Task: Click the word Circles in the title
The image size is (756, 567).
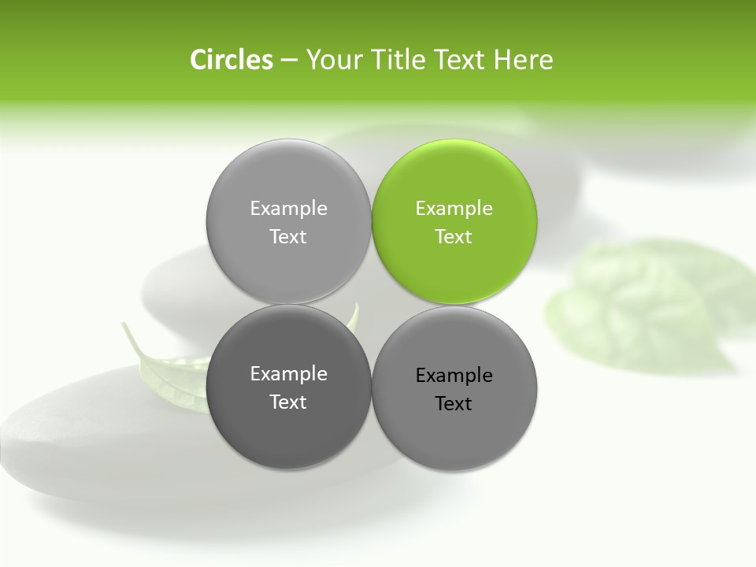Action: pyautogui.click(x=232, y=60)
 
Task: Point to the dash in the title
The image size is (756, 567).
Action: pyautogui.click(x=289, y=61)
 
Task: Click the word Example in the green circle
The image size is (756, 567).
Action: pyautogui.click(x=454, y=209)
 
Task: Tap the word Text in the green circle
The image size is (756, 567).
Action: pyautogui.click(x=454, y=236)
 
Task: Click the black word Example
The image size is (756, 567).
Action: pyautogui.click(x=454, y=376)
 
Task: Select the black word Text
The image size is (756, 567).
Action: pyautogui.click(x=454, y=403)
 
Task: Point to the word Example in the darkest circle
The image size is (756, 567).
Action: pyautogui.click(x=288, y=374)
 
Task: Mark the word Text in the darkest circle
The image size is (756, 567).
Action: pyautogui.click(x=288, y=402)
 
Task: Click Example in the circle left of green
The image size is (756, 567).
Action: pyautogui.click(x=288, y=209)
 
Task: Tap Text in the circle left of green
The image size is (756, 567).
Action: pyautogui.click(x=288, y=236)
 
